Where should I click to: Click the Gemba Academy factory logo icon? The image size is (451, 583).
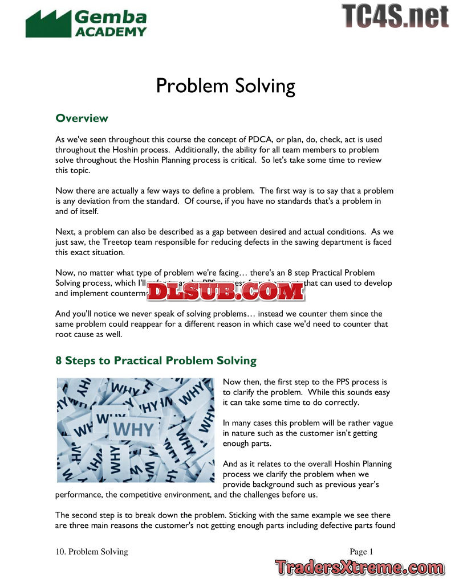pyautogui.click(x=48, y=24)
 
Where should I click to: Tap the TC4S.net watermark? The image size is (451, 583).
pyautogui.click(x=395, y=16)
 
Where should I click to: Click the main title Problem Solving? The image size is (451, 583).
pyautogui.click(x=225, y=86)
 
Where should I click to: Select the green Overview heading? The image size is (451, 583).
pyautogui.click(x=82, y=118)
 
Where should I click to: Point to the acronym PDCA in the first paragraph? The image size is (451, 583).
pyautogui.click(x=263, y=139)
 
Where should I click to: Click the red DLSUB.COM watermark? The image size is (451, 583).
pyautogui.click(x=226, y=291)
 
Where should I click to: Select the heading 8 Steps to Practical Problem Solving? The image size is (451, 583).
pyautogui.click(x=156, y=361)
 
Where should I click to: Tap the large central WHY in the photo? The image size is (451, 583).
pyautogui.click(x=135, y=428)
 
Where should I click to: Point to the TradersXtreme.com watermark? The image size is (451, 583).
pyautogui.click(x=359, y=567)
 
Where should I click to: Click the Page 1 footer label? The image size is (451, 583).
pyautogui.click(x=361, y=551)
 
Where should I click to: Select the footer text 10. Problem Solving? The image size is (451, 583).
pyautogui.click(x=92, y=551)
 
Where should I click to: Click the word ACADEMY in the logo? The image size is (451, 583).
pyautogui.click(x=111, y=32)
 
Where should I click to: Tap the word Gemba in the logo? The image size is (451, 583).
pyautogui.click(x=110, y=17)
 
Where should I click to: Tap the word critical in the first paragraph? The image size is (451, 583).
pyautogui.click(x=243, y=160)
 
